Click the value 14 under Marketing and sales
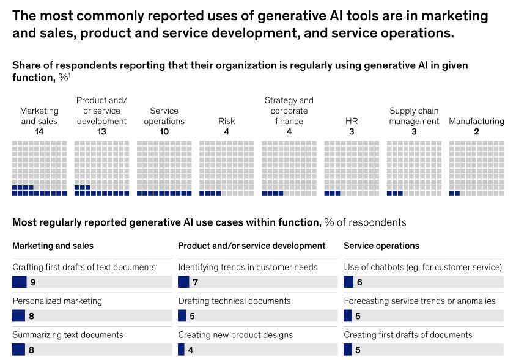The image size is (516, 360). tap(39, 131)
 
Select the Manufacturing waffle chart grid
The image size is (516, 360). tap(476, 168)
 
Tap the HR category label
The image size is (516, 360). tap(352, 121)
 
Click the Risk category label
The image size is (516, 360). tap(227, 121)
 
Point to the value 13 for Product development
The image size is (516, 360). tap(101, 131)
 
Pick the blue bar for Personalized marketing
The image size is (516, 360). tap(18, 315)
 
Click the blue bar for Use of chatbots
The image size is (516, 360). tap(348, 282)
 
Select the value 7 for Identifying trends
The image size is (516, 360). tap(195, 282)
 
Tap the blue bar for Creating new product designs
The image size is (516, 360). tap(181, 350)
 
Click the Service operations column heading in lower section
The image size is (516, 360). tap(381, 246)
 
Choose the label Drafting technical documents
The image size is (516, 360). tap(234, 301)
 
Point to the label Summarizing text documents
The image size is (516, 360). tap(68, 335)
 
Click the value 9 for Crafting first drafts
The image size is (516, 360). tap(33, 282)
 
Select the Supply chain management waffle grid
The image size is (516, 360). tap(414, 168)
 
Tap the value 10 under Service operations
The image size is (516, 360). tap(164, 131)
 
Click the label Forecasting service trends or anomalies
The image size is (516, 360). tap(419, 301)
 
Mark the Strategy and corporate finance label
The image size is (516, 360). tap(289, 111)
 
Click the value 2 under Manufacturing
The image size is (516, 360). tap(476, 131)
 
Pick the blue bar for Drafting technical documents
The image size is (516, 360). tap(182, 315)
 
